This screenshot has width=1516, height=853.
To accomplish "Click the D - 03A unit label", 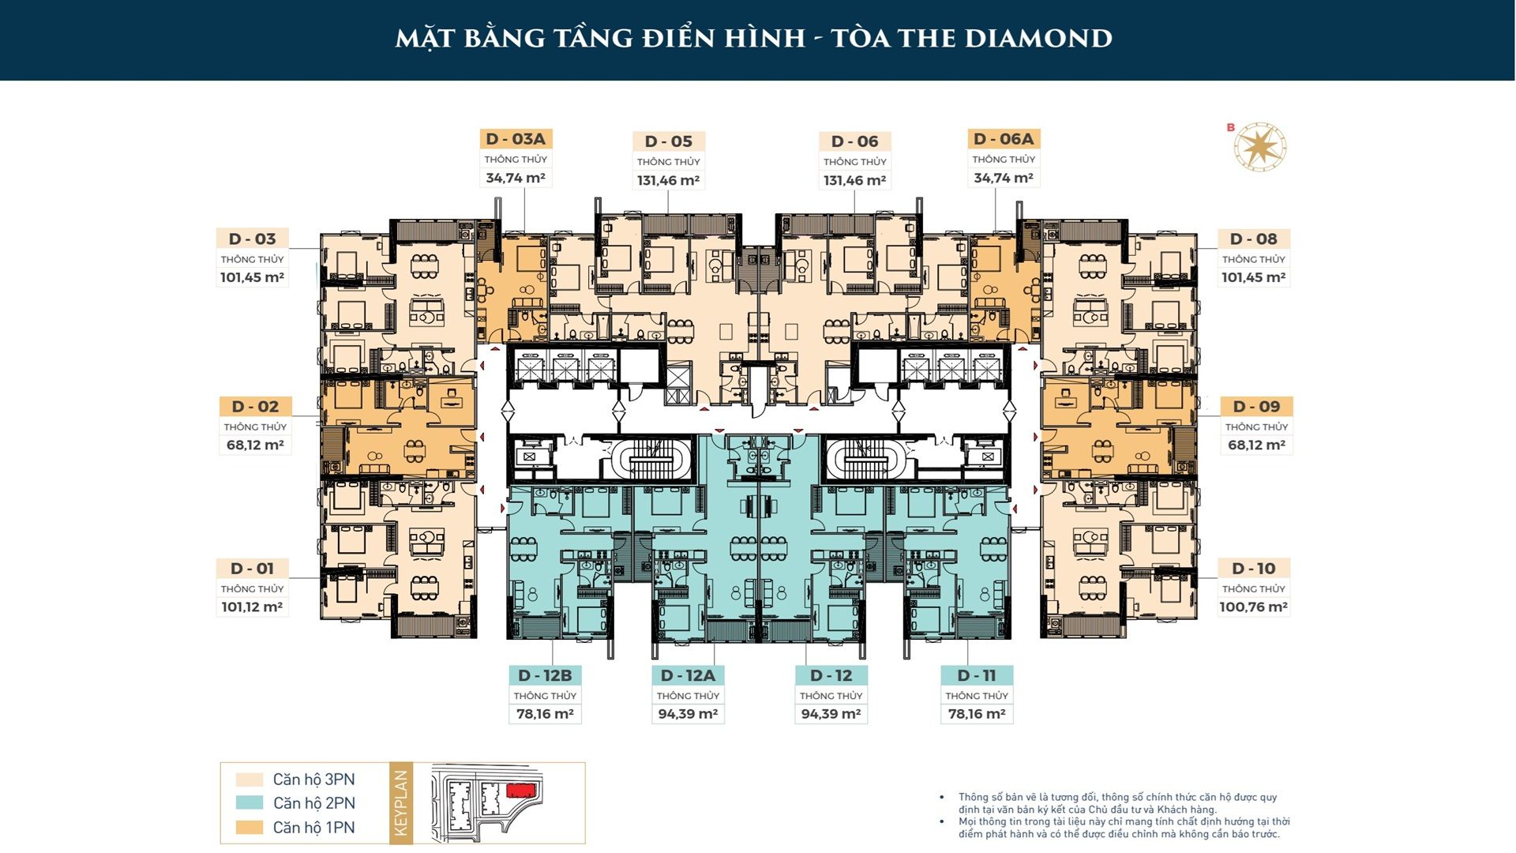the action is (x=516, y=139).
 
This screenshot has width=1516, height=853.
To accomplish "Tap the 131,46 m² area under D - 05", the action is (x=668, y=180).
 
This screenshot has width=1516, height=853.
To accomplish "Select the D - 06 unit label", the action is (x=854, y=141).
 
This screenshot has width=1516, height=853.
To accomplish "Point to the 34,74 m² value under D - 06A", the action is (x=1003, y=178).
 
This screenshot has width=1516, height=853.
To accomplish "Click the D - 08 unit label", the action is (x=1253, y=239).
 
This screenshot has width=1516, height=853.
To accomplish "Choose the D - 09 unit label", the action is (x=1256, y=406).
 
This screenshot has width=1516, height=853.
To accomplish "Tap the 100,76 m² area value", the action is (x=1253, y=607).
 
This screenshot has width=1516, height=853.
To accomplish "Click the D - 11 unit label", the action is (x=977, y=675).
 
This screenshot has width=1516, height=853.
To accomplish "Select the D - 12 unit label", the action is (x=831, y=675).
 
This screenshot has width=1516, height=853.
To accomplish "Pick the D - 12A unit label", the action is (x=688, y=675).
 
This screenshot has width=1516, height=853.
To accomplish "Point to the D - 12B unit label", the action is (x=545, y=675).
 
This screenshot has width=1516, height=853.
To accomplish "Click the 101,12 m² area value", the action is (x=252, y=607).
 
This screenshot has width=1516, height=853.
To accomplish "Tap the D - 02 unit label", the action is (x=255, y=406).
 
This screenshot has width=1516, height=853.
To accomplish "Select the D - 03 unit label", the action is (x=252, y=239).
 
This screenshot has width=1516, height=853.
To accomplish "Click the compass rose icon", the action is (x=1260, y=147).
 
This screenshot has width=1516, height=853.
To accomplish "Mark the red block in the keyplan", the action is (x=521, y=790).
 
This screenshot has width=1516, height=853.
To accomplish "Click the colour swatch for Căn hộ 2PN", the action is (x=249, y=802).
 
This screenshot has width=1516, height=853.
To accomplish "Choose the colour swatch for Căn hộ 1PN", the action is (x=249, y=827).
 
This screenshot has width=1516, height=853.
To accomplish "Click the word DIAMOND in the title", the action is (x=1027, y=38).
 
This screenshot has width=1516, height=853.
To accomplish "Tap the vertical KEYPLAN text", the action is (x=401, y=802).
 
